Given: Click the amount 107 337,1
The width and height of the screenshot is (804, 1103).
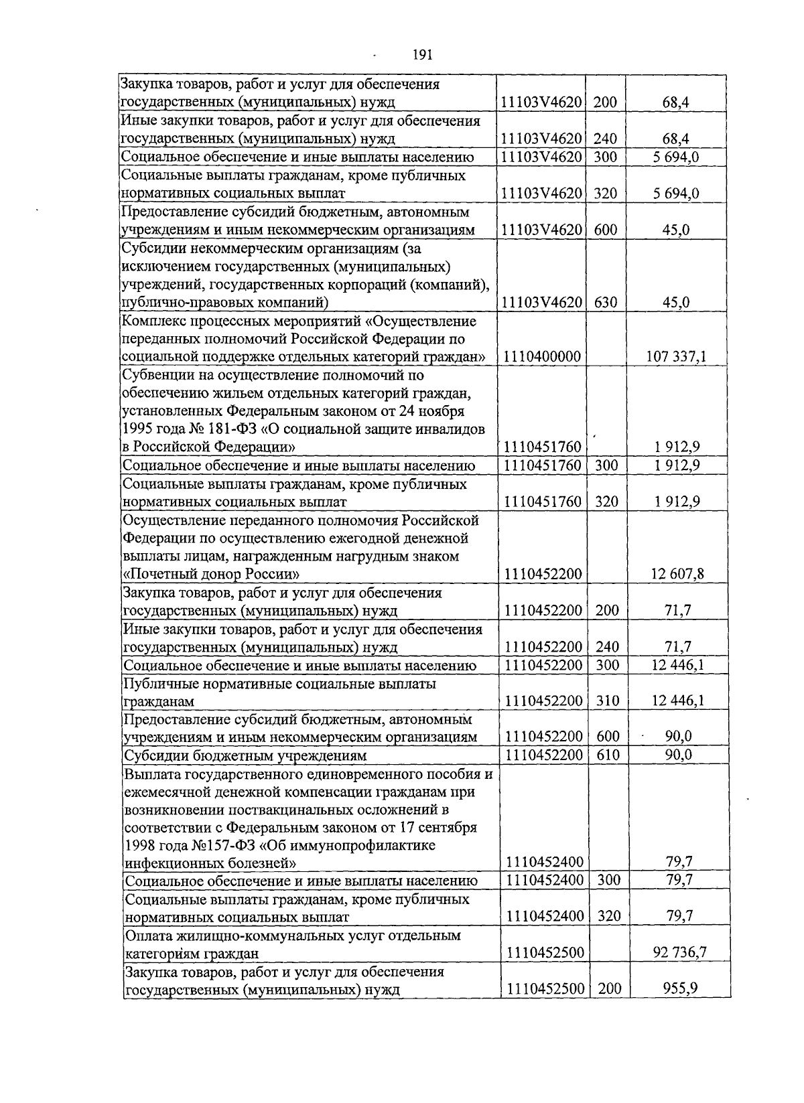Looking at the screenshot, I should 675,357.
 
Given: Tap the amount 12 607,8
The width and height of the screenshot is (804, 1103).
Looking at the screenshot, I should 677,574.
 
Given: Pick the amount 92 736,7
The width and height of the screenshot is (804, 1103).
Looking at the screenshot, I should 679,953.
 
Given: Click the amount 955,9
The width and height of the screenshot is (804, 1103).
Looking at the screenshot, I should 679,989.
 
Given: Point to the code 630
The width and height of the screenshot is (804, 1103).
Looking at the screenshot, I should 606,303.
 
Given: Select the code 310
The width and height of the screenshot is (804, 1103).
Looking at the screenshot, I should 608,701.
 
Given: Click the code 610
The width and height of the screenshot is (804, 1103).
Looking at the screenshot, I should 608,755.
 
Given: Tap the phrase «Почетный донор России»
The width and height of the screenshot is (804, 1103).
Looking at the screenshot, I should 212,575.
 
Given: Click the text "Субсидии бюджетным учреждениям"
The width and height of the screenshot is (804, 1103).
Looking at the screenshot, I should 246,756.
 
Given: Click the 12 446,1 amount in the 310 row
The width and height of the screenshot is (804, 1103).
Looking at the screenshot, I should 677,701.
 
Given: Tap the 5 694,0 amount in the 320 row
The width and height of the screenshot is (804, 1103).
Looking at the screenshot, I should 676,194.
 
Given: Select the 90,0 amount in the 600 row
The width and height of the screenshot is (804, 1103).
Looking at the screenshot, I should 678,737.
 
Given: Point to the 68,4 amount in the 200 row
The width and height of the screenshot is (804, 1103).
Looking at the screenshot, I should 676,102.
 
